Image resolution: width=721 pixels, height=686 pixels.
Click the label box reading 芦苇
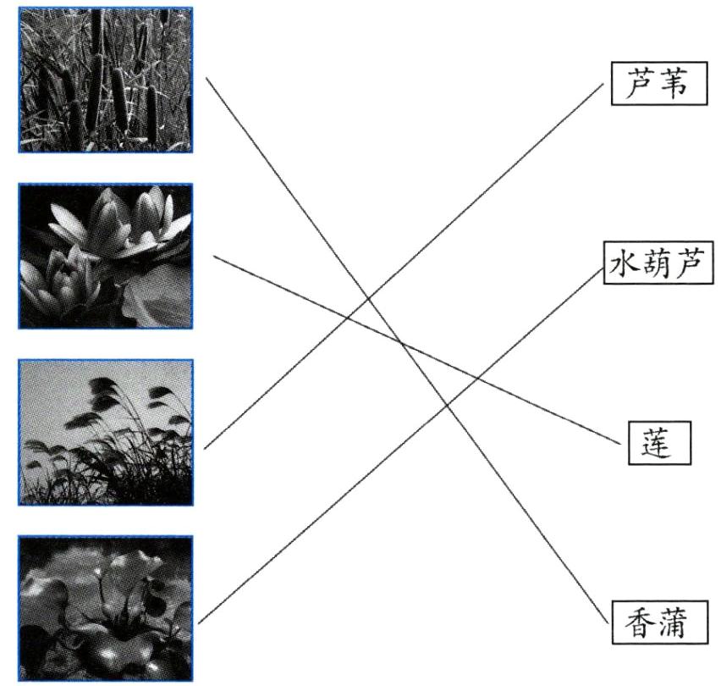658,83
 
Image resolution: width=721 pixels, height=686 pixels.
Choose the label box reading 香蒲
658,623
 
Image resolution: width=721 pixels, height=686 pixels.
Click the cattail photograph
106,80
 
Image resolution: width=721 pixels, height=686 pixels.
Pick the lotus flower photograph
106,256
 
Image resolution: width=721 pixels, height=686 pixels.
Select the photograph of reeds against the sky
106,432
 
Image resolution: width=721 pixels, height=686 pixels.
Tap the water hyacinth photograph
106,608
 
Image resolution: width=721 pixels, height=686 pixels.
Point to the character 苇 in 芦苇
675,83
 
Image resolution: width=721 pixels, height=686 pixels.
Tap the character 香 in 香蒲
641,623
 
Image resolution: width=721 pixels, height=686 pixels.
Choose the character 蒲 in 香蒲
676,623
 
